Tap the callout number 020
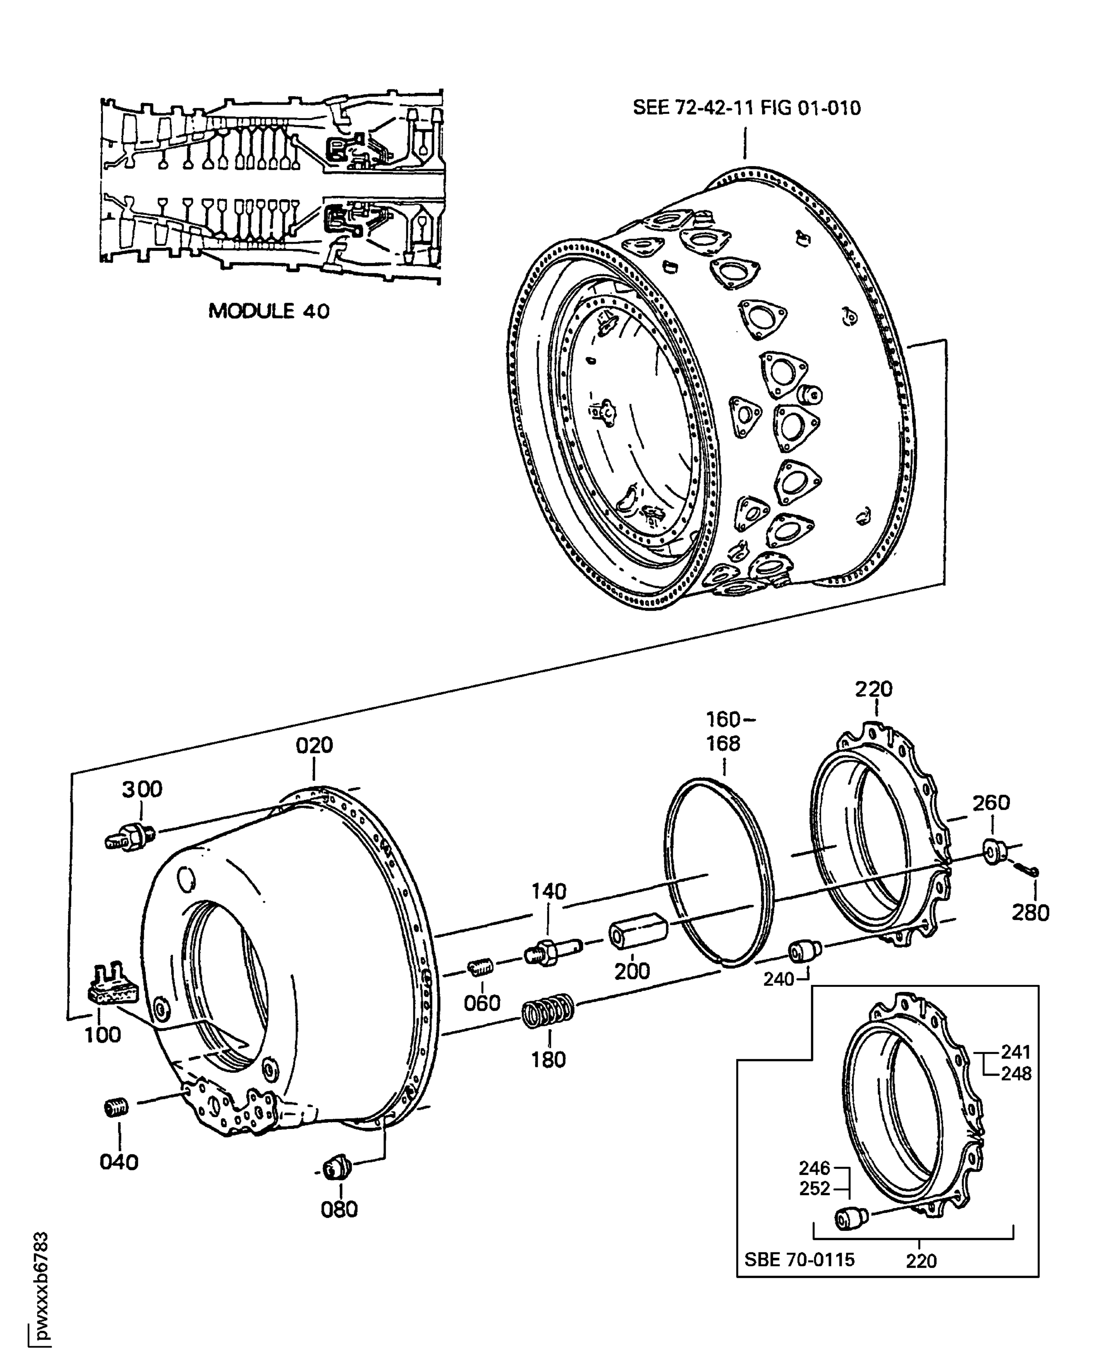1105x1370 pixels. (314, 745)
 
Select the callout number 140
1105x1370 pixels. (549, 891)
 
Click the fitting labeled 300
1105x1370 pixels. (130, 836)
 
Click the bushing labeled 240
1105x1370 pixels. (805, 951)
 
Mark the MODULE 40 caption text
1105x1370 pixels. (268, 311)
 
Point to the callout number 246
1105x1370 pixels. (815, 1168)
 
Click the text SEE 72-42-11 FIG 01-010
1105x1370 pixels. (746, 107)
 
